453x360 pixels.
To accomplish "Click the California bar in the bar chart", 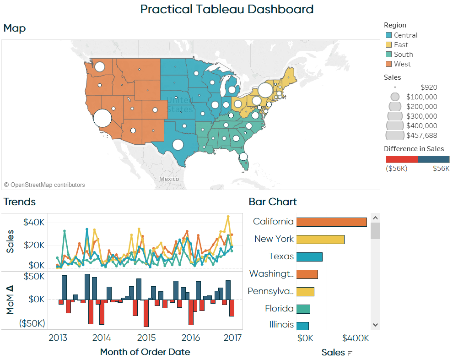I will [x=331, y=222].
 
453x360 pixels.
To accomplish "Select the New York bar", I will [x=320, y=239].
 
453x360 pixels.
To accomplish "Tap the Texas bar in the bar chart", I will [x=309, y=256].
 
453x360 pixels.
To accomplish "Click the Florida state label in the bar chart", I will [x=279, y=309].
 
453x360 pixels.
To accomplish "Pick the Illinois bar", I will [x=302, y=326].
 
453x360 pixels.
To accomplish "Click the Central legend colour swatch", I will [x=388, y=35].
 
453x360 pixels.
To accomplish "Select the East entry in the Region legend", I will [x=401, y=45].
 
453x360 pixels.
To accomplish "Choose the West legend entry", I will [x=402, y=64].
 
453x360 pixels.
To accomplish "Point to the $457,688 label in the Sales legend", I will [x=421, y=135].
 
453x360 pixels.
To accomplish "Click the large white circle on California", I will [x=102, y=118].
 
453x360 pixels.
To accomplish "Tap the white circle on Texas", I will [x=178, y=145].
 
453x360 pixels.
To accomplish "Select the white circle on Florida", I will [x=243, y=157].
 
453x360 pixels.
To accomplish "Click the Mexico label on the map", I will [x=169, y=179].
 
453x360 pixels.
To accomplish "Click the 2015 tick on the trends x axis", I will [x=146, y=338].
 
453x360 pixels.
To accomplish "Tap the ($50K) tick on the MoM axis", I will [x=32, y=323].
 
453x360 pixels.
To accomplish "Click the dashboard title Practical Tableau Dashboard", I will [x=226, y=9].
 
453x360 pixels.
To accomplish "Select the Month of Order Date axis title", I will [x=145, y=352].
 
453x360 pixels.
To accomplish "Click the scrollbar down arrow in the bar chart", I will [x=375, y=324].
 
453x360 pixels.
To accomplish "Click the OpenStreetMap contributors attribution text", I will [x=44, y=185].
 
